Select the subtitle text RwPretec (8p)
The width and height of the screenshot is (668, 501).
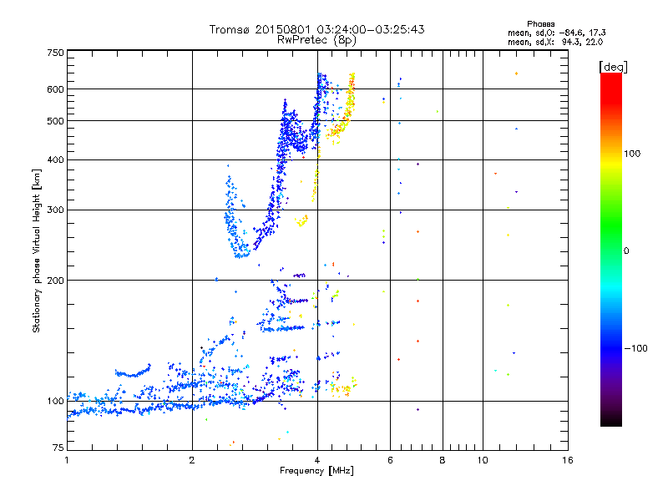(x=316, y=39)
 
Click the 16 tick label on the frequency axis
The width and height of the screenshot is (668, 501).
(x=567, y=460)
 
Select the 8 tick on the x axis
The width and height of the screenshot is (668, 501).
(x=443, y=460)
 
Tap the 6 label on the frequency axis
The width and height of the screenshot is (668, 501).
(x=391, y=460)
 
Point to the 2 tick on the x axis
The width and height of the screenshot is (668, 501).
(x=192, y=460)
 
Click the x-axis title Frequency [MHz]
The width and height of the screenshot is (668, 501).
(x=316, y=472)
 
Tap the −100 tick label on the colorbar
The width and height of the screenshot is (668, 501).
(x=638, y=348)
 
